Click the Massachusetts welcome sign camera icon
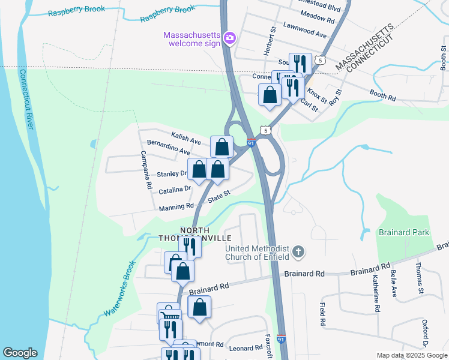(229, 39)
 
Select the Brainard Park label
(402, 232)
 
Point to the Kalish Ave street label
(185, 139)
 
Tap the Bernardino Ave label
(168, 148)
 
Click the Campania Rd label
(145, 170)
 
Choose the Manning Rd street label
(177, 206)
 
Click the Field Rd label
(322, 314)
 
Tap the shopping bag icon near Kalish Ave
(221, 146)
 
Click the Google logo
(20, 353)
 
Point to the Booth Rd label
(383, 95)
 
